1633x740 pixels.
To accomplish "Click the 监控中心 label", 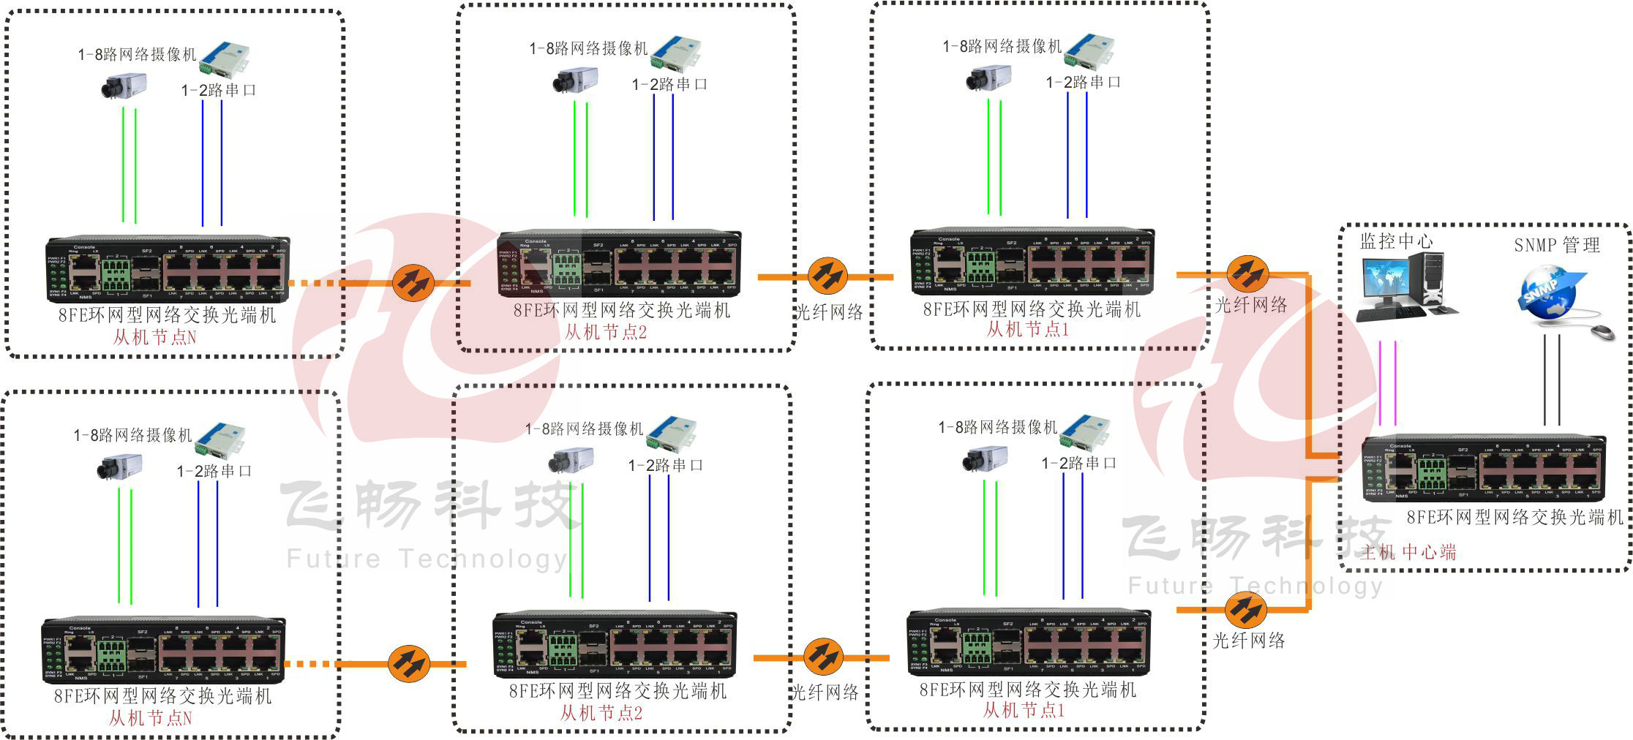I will (1396, 241).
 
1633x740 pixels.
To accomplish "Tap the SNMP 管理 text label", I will (1557, 245).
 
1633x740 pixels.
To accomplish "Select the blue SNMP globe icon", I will (1547, 292).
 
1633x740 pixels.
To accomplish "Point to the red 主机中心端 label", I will (1408, 552).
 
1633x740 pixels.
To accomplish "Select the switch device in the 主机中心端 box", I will (1484, 469).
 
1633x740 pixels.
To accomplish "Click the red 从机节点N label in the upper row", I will (154, 337).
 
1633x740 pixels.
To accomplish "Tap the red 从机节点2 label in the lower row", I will (601, 713).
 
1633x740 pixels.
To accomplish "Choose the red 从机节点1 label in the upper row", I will (1028, 330).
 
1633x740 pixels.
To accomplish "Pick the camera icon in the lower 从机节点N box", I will (119, 467).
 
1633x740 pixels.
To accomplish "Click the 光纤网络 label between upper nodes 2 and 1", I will (829, 312).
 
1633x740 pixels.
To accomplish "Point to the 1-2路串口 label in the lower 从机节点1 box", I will (1079, 463).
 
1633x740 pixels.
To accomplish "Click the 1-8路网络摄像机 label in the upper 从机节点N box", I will (138, 54).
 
